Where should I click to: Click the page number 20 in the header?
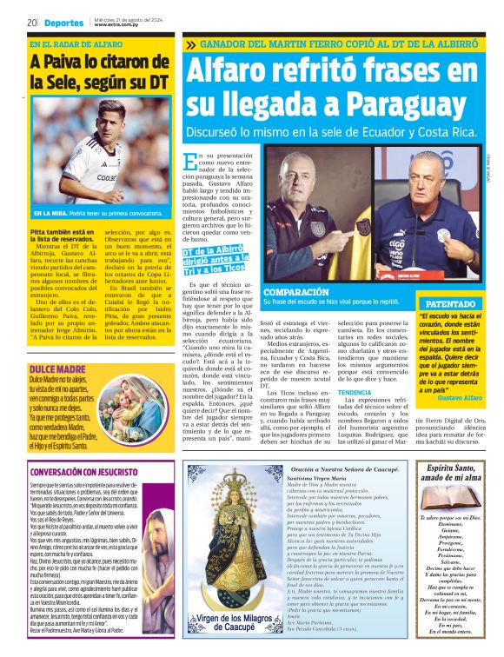(x=31, y=23)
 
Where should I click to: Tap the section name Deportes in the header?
(x=63, y=23)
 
